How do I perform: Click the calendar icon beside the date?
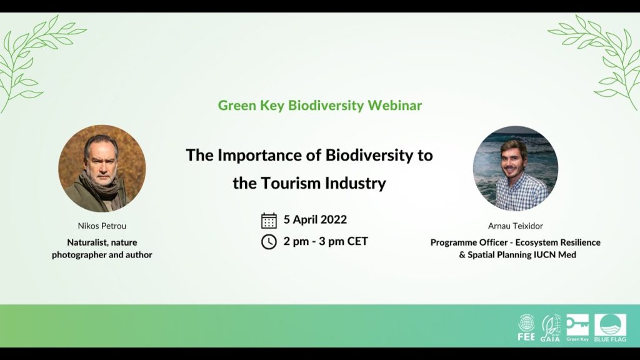coord(269,220)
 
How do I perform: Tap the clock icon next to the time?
coord(269,241)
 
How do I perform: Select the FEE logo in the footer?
coord(527,327)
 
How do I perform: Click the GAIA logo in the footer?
coord(550,327)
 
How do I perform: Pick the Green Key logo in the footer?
coord(577,327)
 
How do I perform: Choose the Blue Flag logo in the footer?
coord(610,327)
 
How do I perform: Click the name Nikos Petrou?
coord(102,225)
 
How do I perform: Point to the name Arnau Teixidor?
coord(515,226)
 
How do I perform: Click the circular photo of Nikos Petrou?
coord(102,168)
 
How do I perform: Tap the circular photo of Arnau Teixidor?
coord(515,168)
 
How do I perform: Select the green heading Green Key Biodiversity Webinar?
coord(320,105)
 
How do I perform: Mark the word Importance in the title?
coord(261,155)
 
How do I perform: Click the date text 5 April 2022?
coord(315,219)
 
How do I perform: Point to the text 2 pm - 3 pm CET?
coord(326,241)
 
